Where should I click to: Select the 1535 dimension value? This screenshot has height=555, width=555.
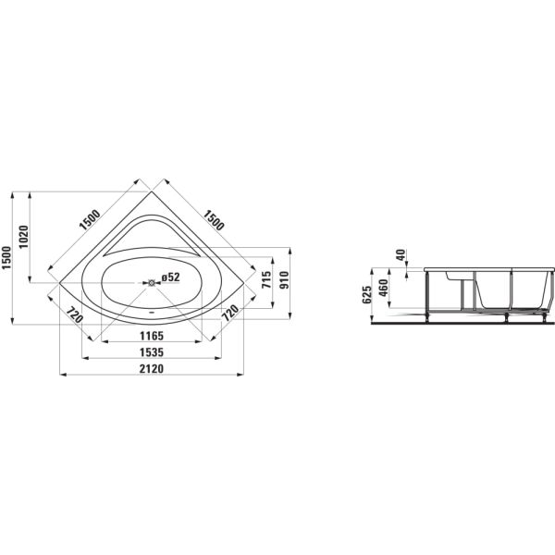pyautogui.click(x=152, y=351)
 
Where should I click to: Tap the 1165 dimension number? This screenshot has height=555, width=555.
pyautogui.click(x=152, y=335)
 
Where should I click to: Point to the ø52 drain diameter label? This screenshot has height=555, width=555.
pyautogui.click(x=170, y=277)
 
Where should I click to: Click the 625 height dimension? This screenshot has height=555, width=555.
pyautogui.click(x=367, y=295)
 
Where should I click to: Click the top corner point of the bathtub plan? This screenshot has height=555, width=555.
pyautogui.click(x=153, y=186)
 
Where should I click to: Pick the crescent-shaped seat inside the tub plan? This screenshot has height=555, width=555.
pyautogui.click(x=152, y=236)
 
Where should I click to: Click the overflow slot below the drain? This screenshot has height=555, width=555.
pyautogui.click(x=153, y=312)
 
